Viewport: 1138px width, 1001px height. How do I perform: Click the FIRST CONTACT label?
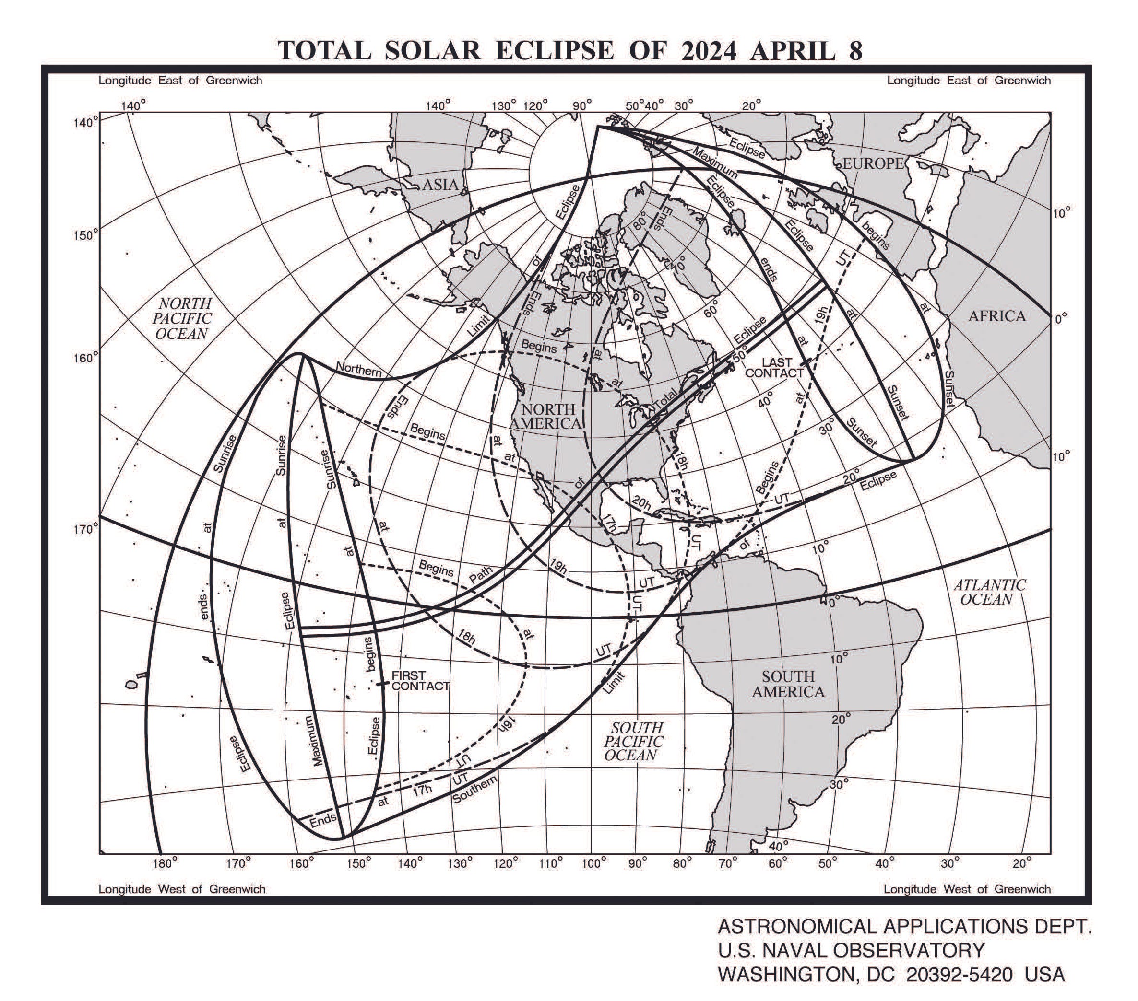(x=420, y=680)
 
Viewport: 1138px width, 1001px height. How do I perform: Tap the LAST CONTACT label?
(x=774, y=368)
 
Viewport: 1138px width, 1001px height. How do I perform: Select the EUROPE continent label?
(x=872, y=163)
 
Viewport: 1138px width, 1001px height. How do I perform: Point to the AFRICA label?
(x=996, y=316)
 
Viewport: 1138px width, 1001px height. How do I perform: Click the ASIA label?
(x=440, y=185)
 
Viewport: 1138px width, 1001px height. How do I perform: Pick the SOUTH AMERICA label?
(x=788, y=684)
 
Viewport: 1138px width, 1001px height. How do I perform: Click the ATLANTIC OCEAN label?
(x=989, y=592)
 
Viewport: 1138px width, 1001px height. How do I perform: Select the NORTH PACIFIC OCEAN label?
(x=183, y=318)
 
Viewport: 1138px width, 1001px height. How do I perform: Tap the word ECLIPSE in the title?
(x=555, y=51)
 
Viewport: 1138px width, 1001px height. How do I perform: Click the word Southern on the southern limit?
(x=474, y=790)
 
